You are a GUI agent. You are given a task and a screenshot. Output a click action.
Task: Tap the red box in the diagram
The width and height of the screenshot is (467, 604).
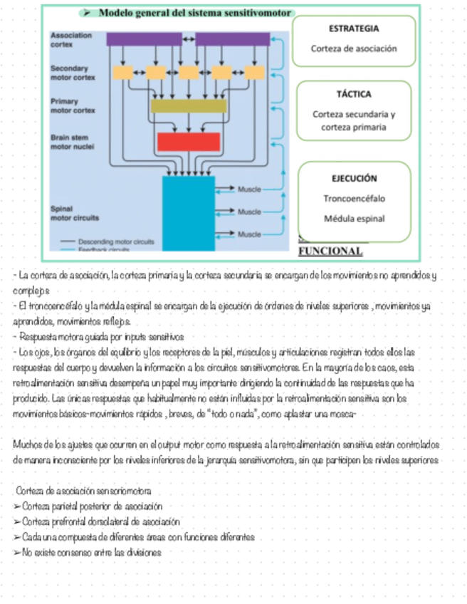pyautogui.click(x=188, y=142)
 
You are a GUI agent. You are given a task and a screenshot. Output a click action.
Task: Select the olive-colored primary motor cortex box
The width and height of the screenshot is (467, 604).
pyautogui.click(x=188, y=106)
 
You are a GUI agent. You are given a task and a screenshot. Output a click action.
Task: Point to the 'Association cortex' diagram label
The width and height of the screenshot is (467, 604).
pyautogui.click(x=71, y=39)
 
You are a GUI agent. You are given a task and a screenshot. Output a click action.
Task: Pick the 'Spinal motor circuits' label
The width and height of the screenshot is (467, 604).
pyautogui.click(x=75, y=213)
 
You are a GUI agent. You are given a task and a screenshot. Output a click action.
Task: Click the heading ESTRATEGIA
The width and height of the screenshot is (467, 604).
pyautogui.click(x=354, y=28)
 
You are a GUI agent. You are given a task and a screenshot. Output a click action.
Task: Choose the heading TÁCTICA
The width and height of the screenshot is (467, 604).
pyautogui.click(x=354, y=94)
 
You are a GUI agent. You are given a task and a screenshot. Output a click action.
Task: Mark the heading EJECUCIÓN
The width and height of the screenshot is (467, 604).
pyautogui.click(x=354, y=179)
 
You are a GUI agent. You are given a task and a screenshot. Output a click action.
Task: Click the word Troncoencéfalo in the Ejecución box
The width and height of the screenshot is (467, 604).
pyautogui.click(x=354, y=199)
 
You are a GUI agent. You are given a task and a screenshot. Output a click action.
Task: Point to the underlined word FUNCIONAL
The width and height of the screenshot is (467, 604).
pyautogui.click(x=330, y=251)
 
